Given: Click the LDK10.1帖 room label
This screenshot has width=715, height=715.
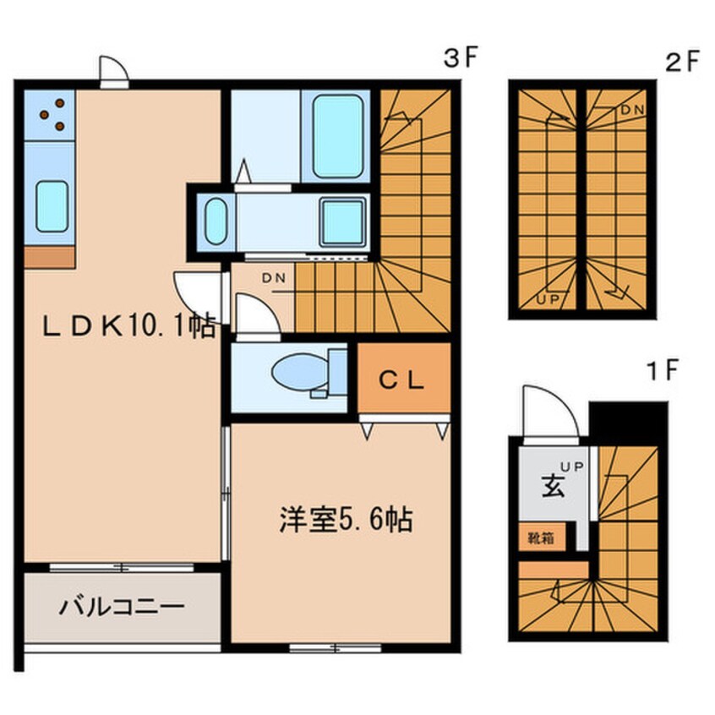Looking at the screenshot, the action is [129, 325].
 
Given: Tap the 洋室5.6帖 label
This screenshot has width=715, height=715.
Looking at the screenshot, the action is [347, 520].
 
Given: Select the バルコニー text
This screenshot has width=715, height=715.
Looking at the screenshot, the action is [122, 607].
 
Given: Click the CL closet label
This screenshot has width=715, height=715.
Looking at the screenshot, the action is [402, 380].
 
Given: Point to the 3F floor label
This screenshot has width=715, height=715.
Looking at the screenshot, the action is [460, 57].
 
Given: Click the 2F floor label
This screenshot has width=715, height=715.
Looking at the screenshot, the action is [682, 61].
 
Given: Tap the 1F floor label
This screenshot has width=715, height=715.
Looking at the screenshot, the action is [663, 370].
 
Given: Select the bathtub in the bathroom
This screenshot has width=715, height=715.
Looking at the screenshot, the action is [338, 136].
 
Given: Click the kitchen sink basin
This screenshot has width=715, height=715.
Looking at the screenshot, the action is [52, 206].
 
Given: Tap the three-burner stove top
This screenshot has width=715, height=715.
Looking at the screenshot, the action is [49, 115].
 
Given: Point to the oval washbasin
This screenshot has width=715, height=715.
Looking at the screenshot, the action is [216, 222].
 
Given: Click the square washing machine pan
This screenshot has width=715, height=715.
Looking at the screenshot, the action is [344, 222].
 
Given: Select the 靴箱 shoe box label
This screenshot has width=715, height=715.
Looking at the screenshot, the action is [541, 538].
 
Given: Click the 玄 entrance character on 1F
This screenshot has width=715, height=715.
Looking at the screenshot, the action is [553, 486].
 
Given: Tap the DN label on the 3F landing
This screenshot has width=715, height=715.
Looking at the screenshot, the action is [274, 277].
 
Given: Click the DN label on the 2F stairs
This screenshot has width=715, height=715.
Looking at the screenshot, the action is [632, 110].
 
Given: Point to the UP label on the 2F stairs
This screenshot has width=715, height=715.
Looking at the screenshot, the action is [547, 299].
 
